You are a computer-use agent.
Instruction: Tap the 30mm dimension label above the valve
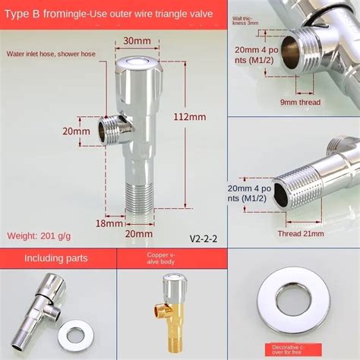click(137, 41)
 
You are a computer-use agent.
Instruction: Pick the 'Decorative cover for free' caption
click(292, 349)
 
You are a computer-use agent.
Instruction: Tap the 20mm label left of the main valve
click(76, 131)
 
